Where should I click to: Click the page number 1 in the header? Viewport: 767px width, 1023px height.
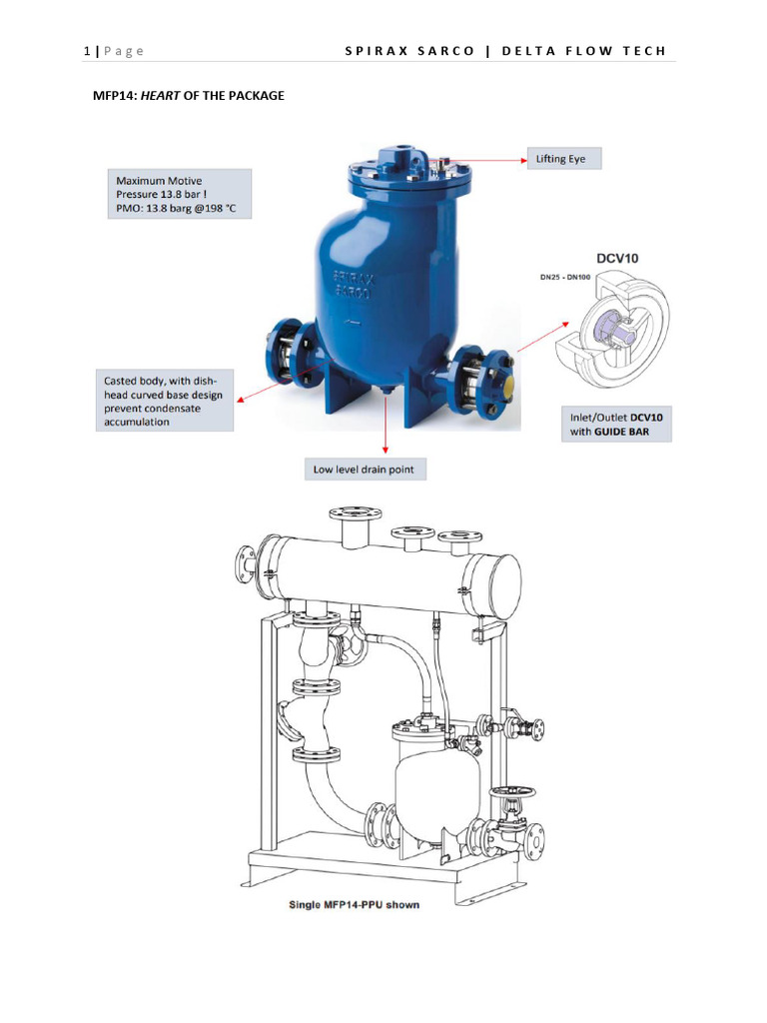[x=86, y=51]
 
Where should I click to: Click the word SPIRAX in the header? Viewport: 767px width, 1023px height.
[x=376, y=51]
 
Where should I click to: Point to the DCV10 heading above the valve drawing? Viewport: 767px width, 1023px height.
[x=619, y=257]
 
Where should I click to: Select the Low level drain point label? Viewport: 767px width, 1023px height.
[x=365, y=468]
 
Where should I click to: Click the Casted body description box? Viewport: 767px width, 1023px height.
[x=165, y=401]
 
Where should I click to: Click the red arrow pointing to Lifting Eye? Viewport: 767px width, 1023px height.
[x=489, y=159]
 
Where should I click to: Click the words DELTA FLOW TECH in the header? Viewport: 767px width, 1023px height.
[x=582, y=51]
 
